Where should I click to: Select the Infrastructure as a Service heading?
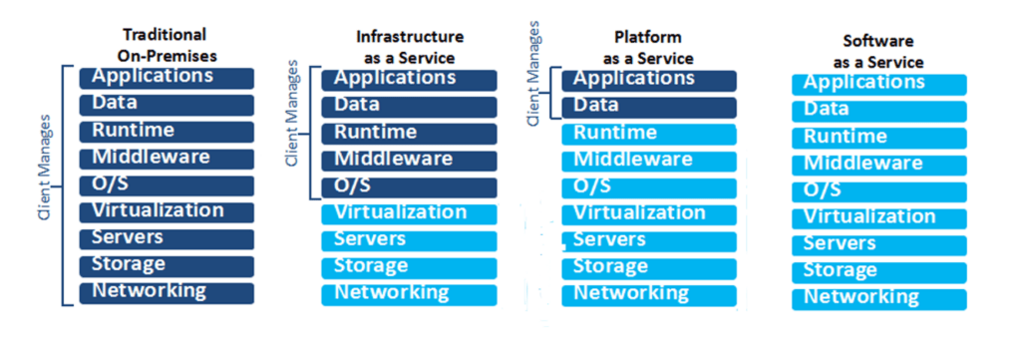tap(410, 47)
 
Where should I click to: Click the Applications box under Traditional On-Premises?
tap(167, 77)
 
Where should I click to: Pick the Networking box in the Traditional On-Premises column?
tap(167, 292)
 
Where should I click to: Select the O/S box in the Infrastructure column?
tap(409, 186)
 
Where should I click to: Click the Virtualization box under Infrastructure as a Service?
tap(409, 213)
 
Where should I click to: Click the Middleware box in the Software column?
tap(878, 165)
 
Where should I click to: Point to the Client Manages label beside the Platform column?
tap(532, 76)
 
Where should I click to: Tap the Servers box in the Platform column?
tap(648, 240)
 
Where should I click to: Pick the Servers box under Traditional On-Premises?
tap(167, 238)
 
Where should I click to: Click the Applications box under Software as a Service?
tap(878, 84)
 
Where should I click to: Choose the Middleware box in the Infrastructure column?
tap(409, 160)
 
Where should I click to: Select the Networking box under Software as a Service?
tap(878, 298)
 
